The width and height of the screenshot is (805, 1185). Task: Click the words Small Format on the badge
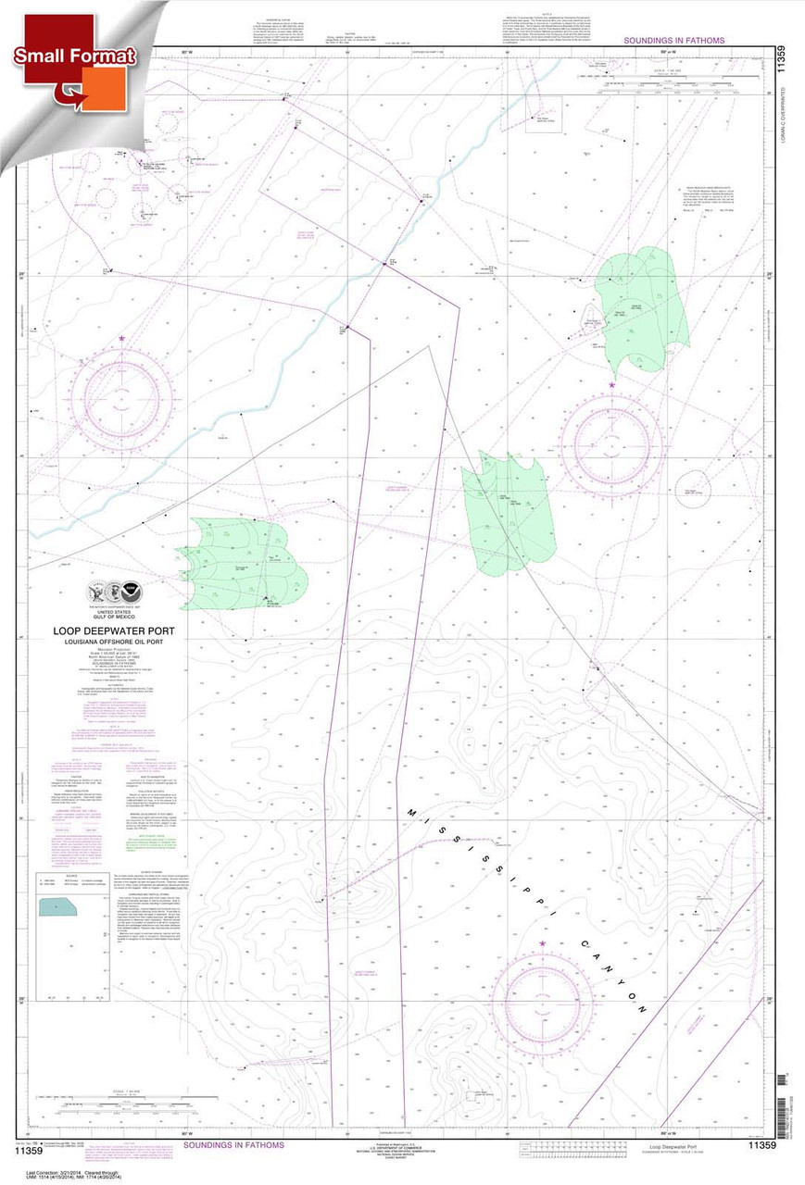point(74,56)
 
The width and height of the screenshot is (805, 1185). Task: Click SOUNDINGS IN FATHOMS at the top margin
point(673,41)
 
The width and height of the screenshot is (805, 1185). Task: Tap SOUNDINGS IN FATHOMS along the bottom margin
point(233,1145)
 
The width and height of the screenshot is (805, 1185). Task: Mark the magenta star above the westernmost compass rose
point(122,340)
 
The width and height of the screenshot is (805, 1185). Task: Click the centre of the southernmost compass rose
point(542,1001)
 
